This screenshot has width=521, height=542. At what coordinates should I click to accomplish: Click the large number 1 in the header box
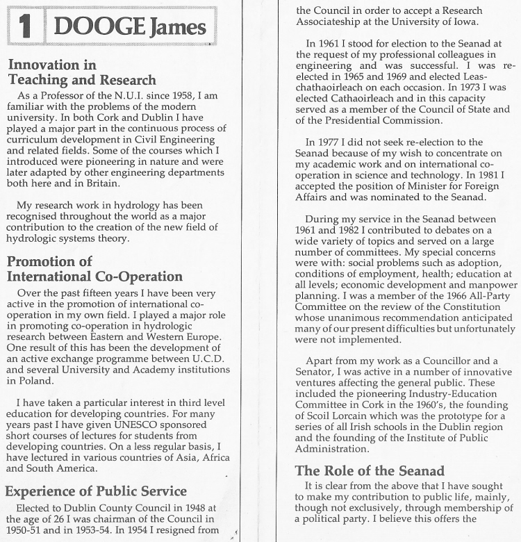(24, 27)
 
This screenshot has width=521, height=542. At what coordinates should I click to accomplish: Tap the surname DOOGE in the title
(98, 27)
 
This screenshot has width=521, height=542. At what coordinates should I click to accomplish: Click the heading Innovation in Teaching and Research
(82, 73)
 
